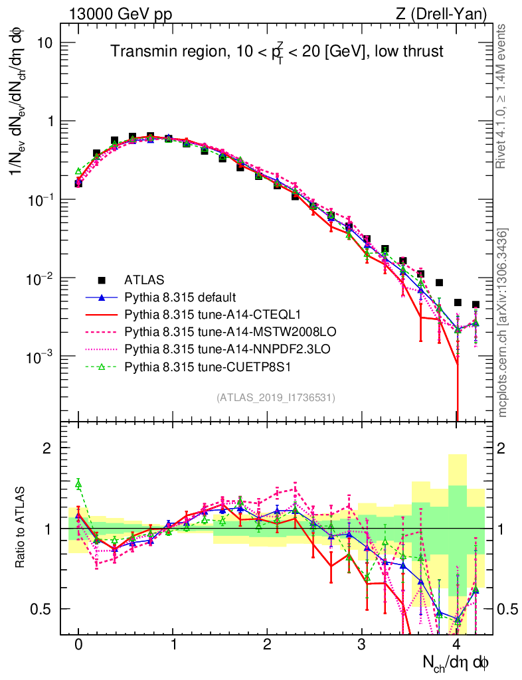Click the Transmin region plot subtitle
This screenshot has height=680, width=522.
coord(276,51)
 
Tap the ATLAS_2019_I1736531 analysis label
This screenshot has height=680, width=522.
coord(276,398)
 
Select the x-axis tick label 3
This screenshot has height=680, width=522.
coord(361,645)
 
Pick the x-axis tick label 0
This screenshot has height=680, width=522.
coord(78,645)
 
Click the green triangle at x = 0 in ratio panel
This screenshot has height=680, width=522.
coord(78,484)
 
